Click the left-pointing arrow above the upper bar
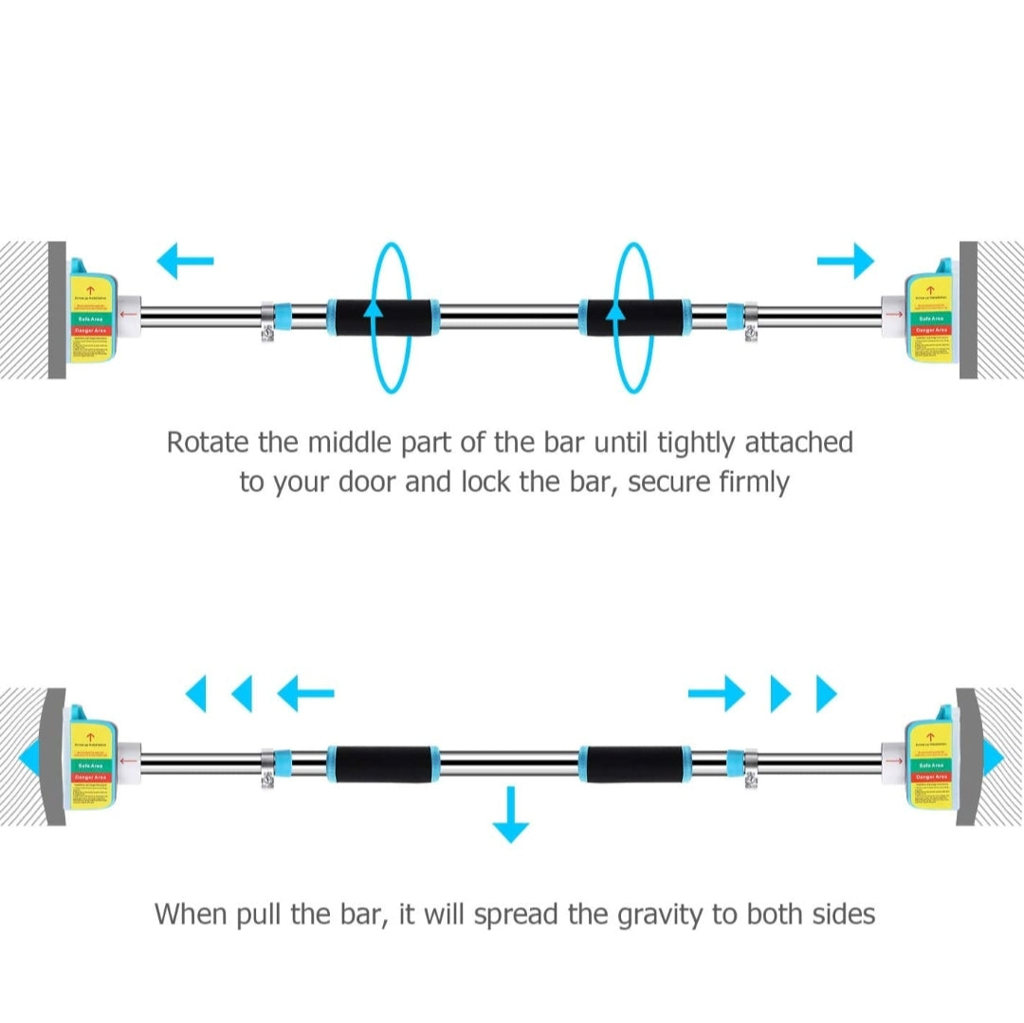point(185,261)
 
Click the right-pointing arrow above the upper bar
point(846,261)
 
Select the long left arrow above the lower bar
point(305,694)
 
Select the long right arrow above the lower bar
point(717,694)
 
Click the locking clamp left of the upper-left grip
point(268,321)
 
